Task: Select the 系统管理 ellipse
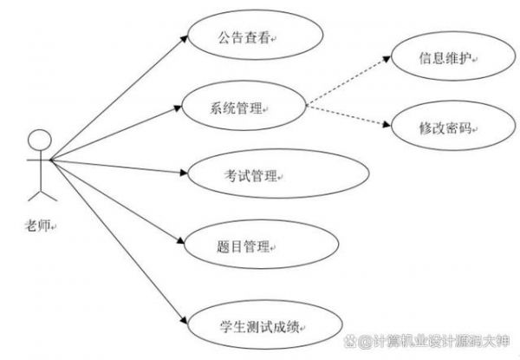tap(244, 108)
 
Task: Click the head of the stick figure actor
tap(38, 139)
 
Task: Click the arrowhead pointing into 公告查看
tap(185, 37)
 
